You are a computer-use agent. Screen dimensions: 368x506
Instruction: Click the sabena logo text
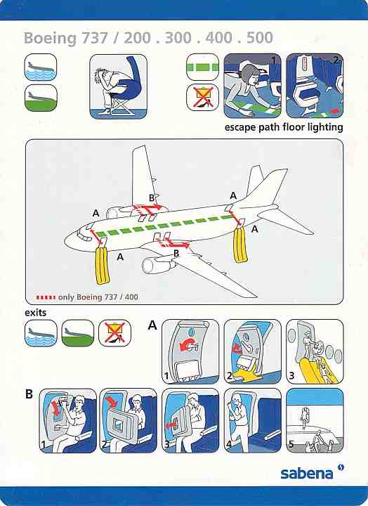point(306,474)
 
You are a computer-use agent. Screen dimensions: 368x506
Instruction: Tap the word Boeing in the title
point(50,38)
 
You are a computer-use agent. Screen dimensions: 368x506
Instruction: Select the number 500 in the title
point(260,37)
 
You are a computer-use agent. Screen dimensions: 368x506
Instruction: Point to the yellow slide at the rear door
point(240,245)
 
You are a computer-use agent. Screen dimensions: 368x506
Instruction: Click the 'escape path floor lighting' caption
point(284,127)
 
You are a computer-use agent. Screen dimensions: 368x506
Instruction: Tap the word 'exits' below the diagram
point(36,313)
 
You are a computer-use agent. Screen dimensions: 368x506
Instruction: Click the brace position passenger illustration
point(118,86)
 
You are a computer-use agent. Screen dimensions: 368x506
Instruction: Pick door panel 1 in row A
point(190,351)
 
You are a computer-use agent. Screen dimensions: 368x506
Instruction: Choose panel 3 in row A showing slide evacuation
point(315,351)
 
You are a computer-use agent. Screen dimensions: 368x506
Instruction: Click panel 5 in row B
point(315,420)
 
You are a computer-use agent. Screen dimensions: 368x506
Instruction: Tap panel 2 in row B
point(128,420)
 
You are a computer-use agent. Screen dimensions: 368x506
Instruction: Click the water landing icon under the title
point(41,67)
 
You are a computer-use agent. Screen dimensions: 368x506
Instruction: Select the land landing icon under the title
point(41,98)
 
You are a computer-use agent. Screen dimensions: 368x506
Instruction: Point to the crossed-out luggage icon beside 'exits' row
point(114,333)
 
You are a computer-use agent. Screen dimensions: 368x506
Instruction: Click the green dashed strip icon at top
point(202,67)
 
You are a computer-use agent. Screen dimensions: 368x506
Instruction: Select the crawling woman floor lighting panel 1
point(253,86)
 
